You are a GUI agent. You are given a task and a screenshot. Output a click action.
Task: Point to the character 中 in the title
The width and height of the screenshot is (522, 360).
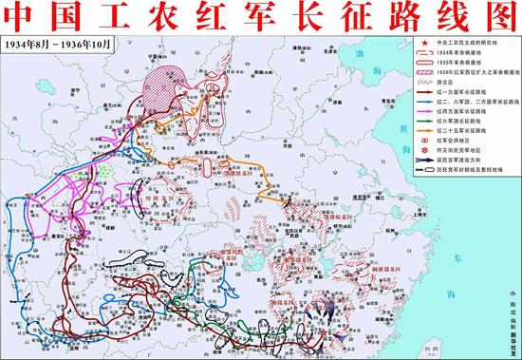(x=22, y=17)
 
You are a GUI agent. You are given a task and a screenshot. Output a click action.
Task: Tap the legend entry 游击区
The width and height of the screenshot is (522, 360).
(x=453, y=85)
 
